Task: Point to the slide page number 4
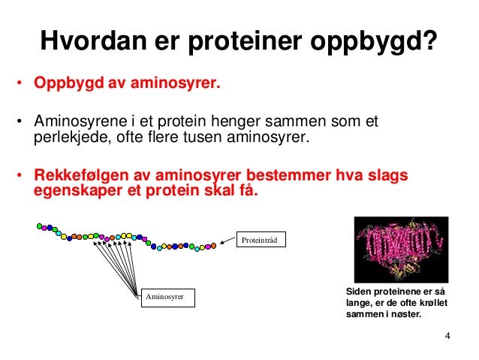coord(447,335)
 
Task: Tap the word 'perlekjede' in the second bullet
coord(66,138)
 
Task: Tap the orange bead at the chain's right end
coord(213,244)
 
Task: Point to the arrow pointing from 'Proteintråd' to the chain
coord(227,241)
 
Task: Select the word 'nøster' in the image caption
coord(405,315)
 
